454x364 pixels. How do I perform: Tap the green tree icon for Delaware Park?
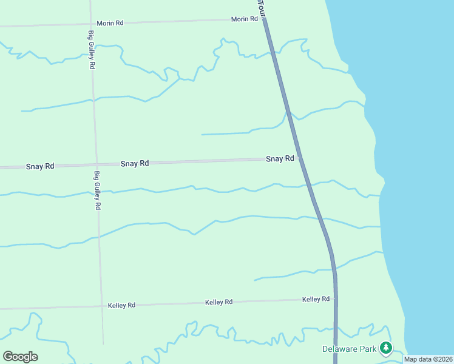[385, 348]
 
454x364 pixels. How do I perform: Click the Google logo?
[20, 357]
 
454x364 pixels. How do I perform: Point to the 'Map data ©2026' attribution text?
[428, 359]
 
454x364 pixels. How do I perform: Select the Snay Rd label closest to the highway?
[280, 159]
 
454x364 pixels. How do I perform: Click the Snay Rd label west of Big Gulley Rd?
[40, 166]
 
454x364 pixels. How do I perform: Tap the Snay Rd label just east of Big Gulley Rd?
[135, 163]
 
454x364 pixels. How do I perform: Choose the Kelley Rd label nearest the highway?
[316, 299]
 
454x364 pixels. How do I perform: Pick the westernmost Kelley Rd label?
[121, 305]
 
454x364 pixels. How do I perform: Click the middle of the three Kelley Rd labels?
[219, 302]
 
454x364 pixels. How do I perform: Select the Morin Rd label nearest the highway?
[245, 19]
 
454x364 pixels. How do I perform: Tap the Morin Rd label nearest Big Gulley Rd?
[110, 23]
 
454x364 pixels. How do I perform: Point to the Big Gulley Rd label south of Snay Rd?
[97, 190]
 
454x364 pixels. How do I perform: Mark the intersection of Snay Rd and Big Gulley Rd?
[95, 164]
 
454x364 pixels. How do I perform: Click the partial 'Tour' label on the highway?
[262, 7]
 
